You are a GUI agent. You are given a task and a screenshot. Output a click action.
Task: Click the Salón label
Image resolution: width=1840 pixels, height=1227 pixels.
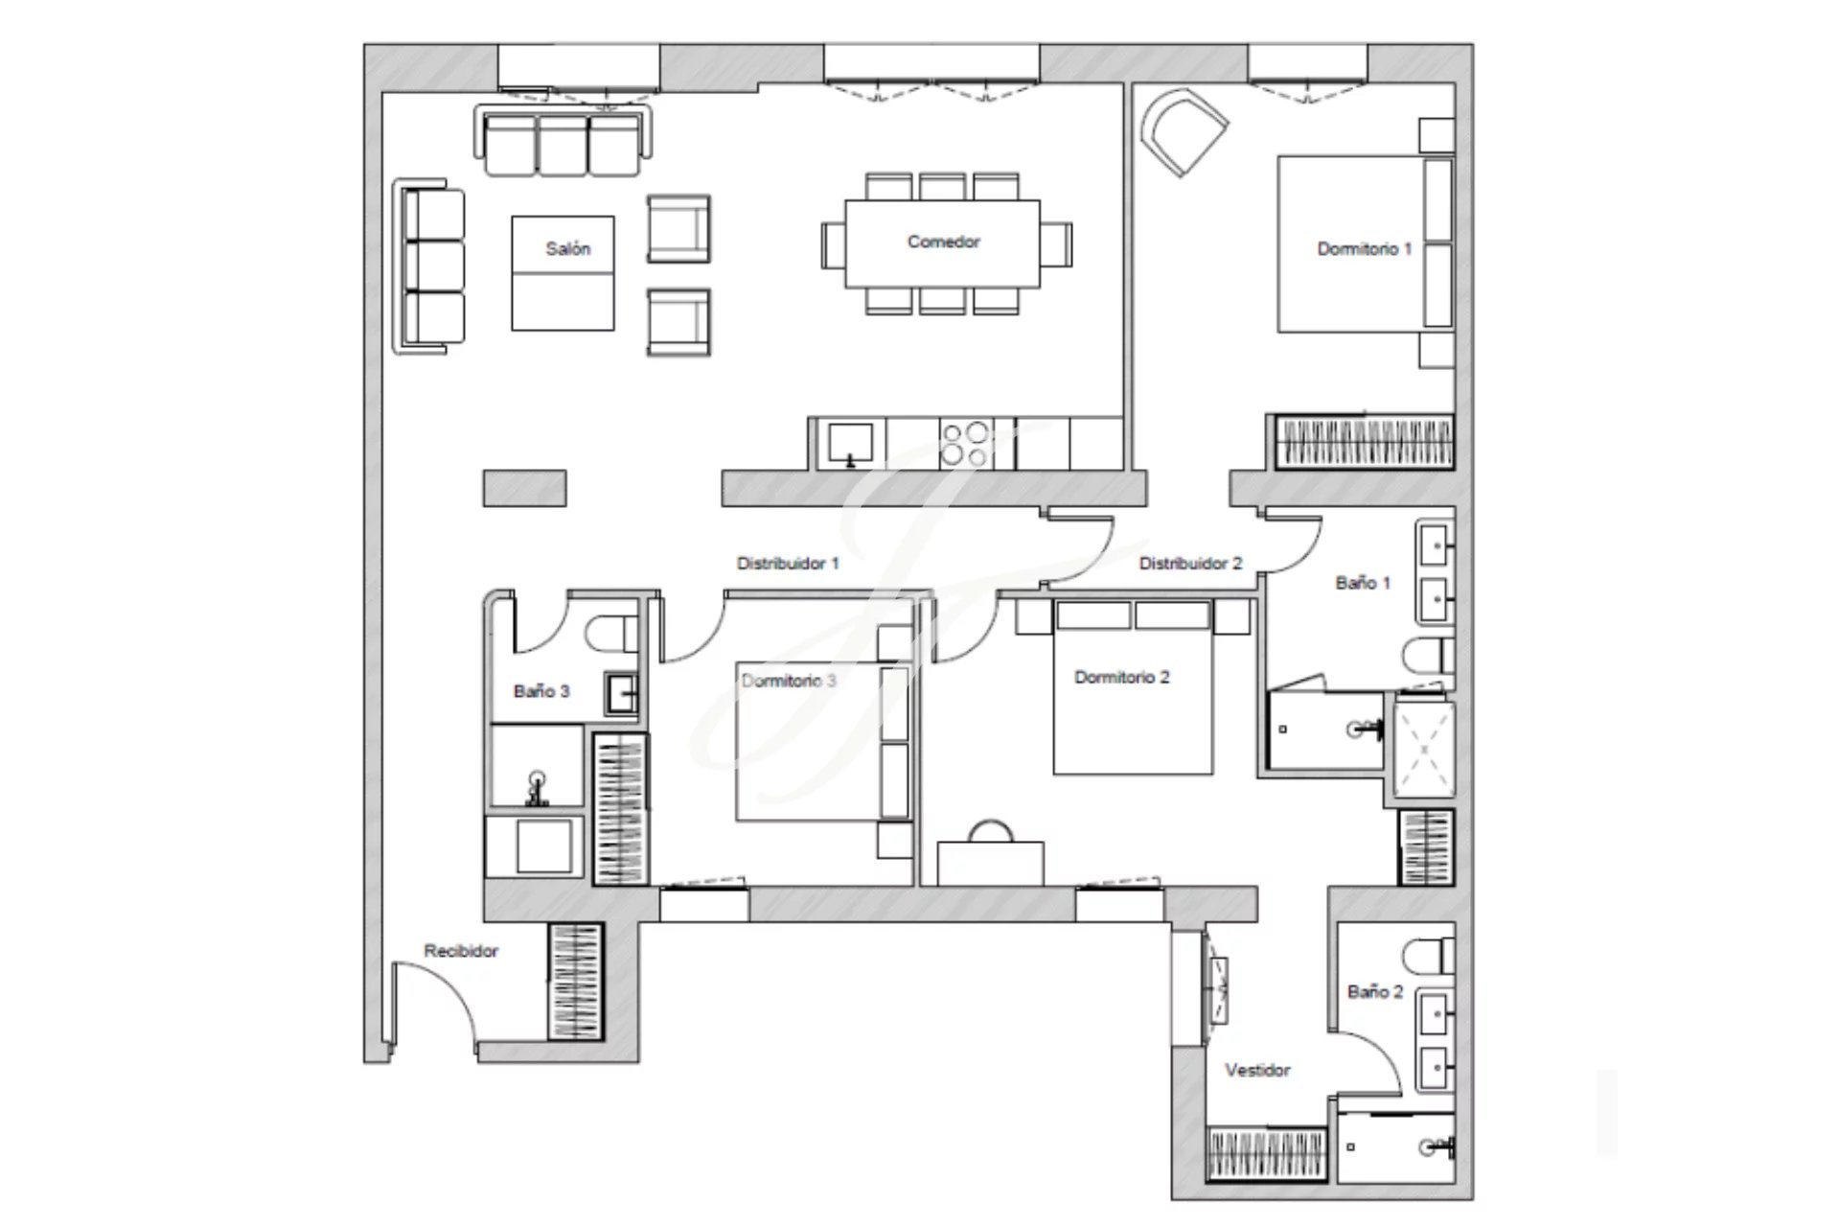pyautogui.click(x=567, y=249)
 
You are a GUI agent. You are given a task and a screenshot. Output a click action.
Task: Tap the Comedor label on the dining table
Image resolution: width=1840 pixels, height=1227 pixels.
pyautogui.click(x=943, y=242)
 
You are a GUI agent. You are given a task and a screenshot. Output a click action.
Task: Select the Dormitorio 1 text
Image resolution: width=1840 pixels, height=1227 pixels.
pyautogui.click(x=1364, y=249)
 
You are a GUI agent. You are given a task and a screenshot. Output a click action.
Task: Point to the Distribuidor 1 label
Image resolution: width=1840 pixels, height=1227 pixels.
pyautogui.click(x=788, y=564)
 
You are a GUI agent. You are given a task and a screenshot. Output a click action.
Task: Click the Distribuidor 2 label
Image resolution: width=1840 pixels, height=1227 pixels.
pyautogui.click(x=1190, y=564)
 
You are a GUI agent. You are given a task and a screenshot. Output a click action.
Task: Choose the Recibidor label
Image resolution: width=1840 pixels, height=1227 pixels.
pyautogui.click(x=461, y=951)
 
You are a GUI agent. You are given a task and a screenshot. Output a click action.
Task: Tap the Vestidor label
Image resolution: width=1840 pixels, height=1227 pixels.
pyautogui.click(x=1257, y=1070)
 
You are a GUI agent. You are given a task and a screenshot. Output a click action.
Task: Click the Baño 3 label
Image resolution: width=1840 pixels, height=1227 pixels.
pyautogui.click(x=541, y=691)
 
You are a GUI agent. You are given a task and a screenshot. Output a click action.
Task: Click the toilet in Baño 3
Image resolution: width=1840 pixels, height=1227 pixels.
pyautogui.click(x=611, y=634)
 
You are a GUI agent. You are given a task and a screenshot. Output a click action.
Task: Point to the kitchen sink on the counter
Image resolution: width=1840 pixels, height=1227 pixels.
pyautogui.click(x=850, y=445)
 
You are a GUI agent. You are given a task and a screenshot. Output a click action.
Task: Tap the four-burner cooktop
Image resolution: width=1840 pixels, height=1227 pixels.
pyautogui.click(x=964, y=444)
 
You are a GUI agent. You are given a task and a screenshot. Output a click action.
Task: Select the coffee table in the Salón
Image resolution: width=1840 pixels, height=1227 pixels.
pyautogui.click(x=563, y=273)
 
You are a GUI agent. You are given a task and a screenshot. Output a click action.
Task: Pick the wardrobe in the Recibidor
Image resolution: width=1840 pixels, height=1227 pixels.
pyautogui.click(x=575, y=982)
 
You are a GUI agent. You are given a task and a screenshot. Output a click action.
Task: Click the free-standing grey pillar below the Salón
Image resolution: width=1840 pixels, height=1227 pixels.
pyautogui.click(x=524, y=488)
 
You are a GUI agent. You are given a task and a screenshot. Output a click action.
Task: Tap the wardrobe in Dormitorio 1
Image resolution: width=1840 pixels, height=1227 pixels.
pyautogui.click(x=1364, y=442)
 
